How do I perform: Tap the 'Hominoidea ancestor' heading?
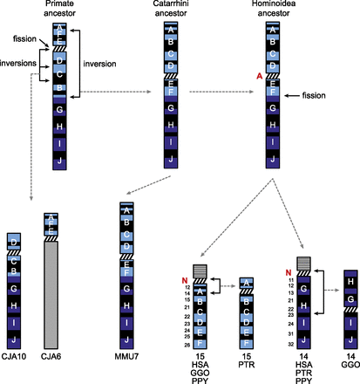pos(275,10)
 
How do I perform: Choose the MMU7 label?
pos(126,358)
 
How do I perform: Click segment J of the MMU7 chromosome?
pos(126,340)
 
